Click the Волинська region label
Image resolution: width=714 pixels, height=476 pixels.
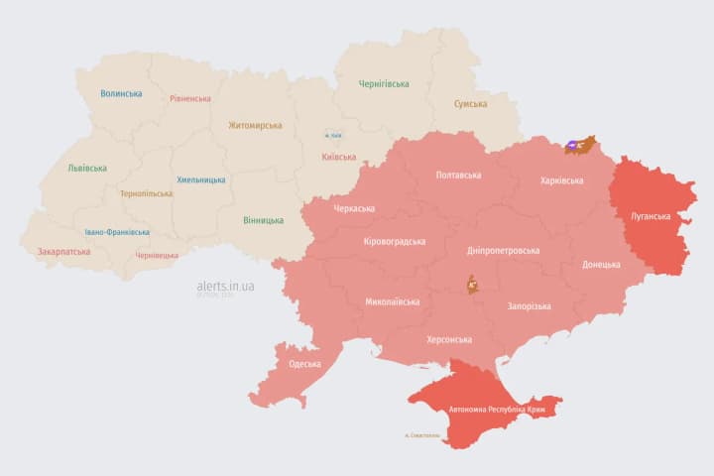tap(121, 94)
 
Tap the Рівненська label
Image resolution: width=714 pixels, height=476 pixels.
tap(190, 99)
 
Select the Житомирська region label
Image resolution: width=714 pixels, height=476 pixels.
tap(255, 126)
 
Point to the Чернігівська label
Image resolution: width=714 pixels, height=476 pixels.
tap(384, 84)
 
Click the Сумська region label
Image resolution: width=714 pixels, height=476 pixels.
tap(470, 104)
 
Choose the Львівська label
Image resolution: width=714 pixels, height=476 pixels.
tap(87, 169)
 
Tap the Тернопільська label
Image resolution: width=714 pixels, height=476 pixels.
tap(145, 194)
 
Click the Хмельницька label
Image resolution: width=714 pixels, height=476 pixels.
tap(200, 180)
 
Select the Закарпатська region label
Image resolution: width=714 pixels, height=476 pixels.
tap(63, 252)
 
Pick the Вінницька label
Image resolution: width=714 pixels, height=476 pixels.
tap(263, 220)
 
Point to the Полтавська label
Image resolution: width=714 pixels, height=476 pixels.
tap(458, 176)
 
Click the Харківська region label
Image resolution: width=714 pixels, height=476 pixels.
tap(562, 181)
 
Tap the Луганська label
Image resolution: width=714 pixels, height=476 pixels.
tap(651, 215)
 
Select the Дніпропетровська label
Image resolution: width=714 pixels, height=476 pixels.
tap(504, 251)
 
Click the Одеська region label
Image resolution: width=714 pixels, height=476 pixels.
tap(304, 364)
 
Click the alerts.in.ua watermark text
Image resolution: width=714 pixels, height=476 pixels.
tap(225, 287)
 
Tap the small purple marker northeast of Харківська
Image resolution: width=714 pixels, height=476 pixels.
tap(574, 146)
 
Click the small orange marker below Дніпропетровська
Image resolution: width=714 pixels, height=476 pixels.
tap(473, 286)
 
